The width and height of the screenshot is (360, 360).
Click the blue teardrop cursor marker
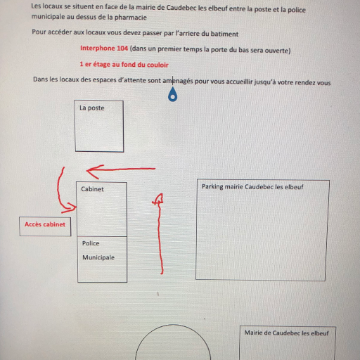tap(173, 94)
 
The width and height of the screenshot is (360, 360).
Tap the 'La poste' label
tap(92, 108)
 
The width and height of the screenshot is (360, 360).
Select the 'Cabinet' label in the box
tap(92, 189)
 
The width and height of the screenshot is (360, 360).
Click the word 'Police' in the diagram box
tap(91, 243)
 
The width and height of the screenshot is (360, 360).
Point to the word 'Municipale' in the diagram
tap(98, 257)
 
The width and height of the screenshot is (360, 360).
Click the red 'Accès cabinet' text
tap(45, 224)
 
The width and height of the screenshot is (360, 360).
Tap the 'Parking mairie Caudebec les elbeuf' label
tap(252, 187)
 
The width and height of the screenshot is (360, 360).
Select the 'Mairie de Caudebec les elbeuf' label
tap(286, 333)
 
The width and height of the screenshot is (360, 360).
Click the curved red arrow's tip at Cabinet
tap(75, 207)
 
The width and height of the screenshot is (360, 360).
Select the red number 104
tap(122, 49)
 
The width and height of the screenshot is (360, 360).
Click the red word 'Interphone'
tap(98, 49)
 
